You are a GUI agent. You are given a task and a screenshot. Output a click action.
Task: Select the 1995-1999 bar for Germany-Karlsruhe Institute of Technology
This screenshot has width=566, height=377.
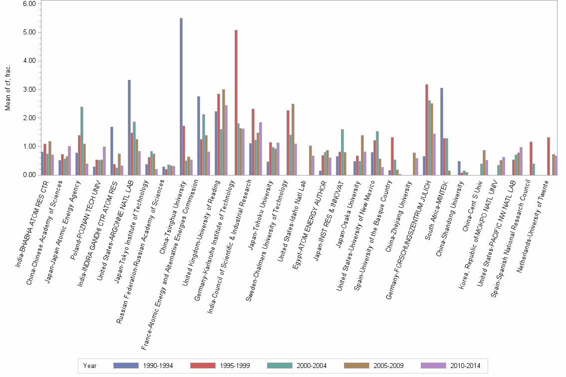[x=236, y=102]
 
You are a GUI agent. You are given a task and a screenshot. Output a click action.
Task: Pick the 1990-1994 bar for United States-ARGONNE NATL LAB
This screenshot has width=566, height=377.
[x=129, y=127]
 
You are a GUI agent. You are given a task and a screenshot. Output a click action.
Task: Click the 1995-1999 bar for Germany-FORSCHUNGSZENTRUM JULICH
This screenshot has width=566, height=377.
[x=427, y=130]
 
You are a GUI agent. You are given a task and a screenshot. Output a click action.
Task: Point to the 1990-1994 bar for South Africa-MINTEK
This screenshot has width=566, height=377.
[x=441, y=131]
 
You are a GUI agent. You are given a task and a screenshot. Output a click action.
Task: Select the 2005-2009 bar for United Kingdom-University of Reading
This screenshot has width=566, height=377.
[x=224, y=132]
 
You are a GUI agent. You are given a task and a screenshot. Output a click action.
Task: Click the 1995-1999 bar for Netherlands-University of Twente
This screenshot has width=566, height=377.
[x=549, y=156]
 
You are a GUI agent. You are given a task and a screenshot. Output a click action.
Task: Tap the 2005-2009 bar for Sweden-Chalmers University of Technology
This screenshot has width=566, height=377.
[x=293, y=139]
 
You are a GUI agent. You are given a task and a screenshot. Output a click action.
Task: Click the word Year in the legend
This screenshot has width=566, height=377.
[x=90, y=366]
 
